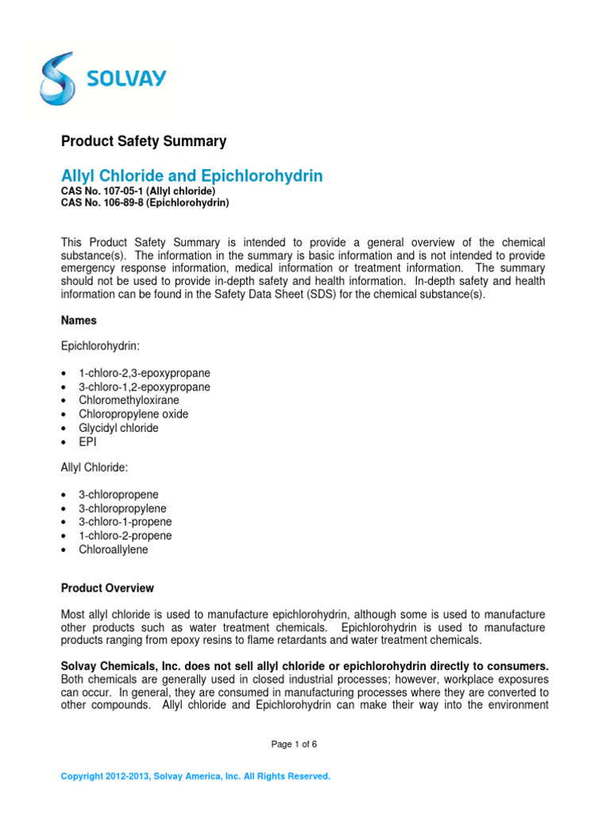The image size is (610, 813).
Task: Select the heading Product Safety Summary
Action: tap(144, 141)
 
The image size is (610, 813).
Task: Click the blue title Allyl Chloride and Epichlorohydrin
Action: tap(191, 176)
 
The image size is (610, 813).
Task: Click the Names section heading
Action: tap(79, 321)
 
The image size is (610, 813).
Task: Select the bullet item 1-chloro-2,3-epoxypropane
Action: tap(144, 373)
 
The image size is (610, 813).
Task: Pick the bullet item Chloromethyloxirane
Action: tap(129, 400)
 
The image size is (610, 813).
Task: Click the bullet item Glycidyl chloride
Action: tap(118, 428)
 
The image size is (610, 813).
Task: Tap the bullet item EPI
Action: tap(87, 442)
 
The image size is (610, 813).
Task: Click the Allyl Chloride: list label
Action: tap(95, 468)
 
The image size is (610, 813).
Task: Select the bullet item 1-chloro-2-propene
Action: tap(125, 536)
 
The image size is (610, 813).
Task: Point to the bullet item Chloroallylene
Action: tap(113, 549)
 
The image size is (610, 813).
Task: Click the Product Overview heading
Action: tap(107, 588)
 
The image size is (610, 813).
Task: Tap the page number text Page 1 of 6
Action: tap(294, 744)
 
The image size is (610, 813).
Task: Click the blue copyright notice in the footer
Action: tap(195, 776)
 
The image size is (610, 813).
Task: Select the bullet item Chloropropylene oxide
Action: tap(133, 414)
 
